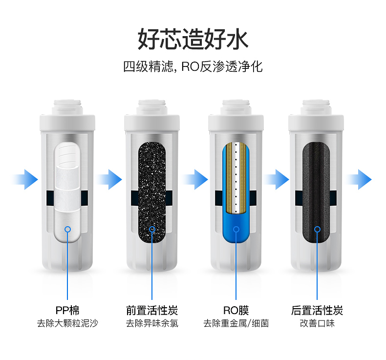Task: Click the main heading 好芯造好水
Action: [x=193, y=39]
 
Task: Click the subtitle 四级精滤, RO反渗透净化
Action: [x=193, y=66]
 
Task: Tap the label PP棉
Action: [x=67, y=310]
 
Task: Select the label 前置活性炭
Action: [x=152, y=310]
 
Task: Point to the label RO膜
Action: [x=236, y=310]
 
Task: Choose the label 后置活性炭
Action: [x=317, y=310]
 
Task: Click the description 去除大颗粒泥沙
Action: [x=67, y=323]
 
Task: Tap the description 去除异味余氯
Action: [x=152, y=323]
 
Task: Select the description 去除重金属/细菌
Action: [x=236, y=323]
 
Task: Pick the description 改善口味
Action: [x=317, y=323]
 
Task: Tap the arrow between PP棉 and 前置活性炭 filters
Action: [x=109, y=179]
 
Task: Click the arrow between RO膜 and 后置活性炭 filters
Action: [x=277, y=179]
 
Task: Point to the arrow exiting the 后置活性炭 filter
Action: [x=359, y=179]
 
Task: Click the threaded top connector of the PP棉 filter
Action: [x=67, y=107]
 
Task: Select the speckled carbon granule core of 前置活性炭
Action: [x=152, y=192]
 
